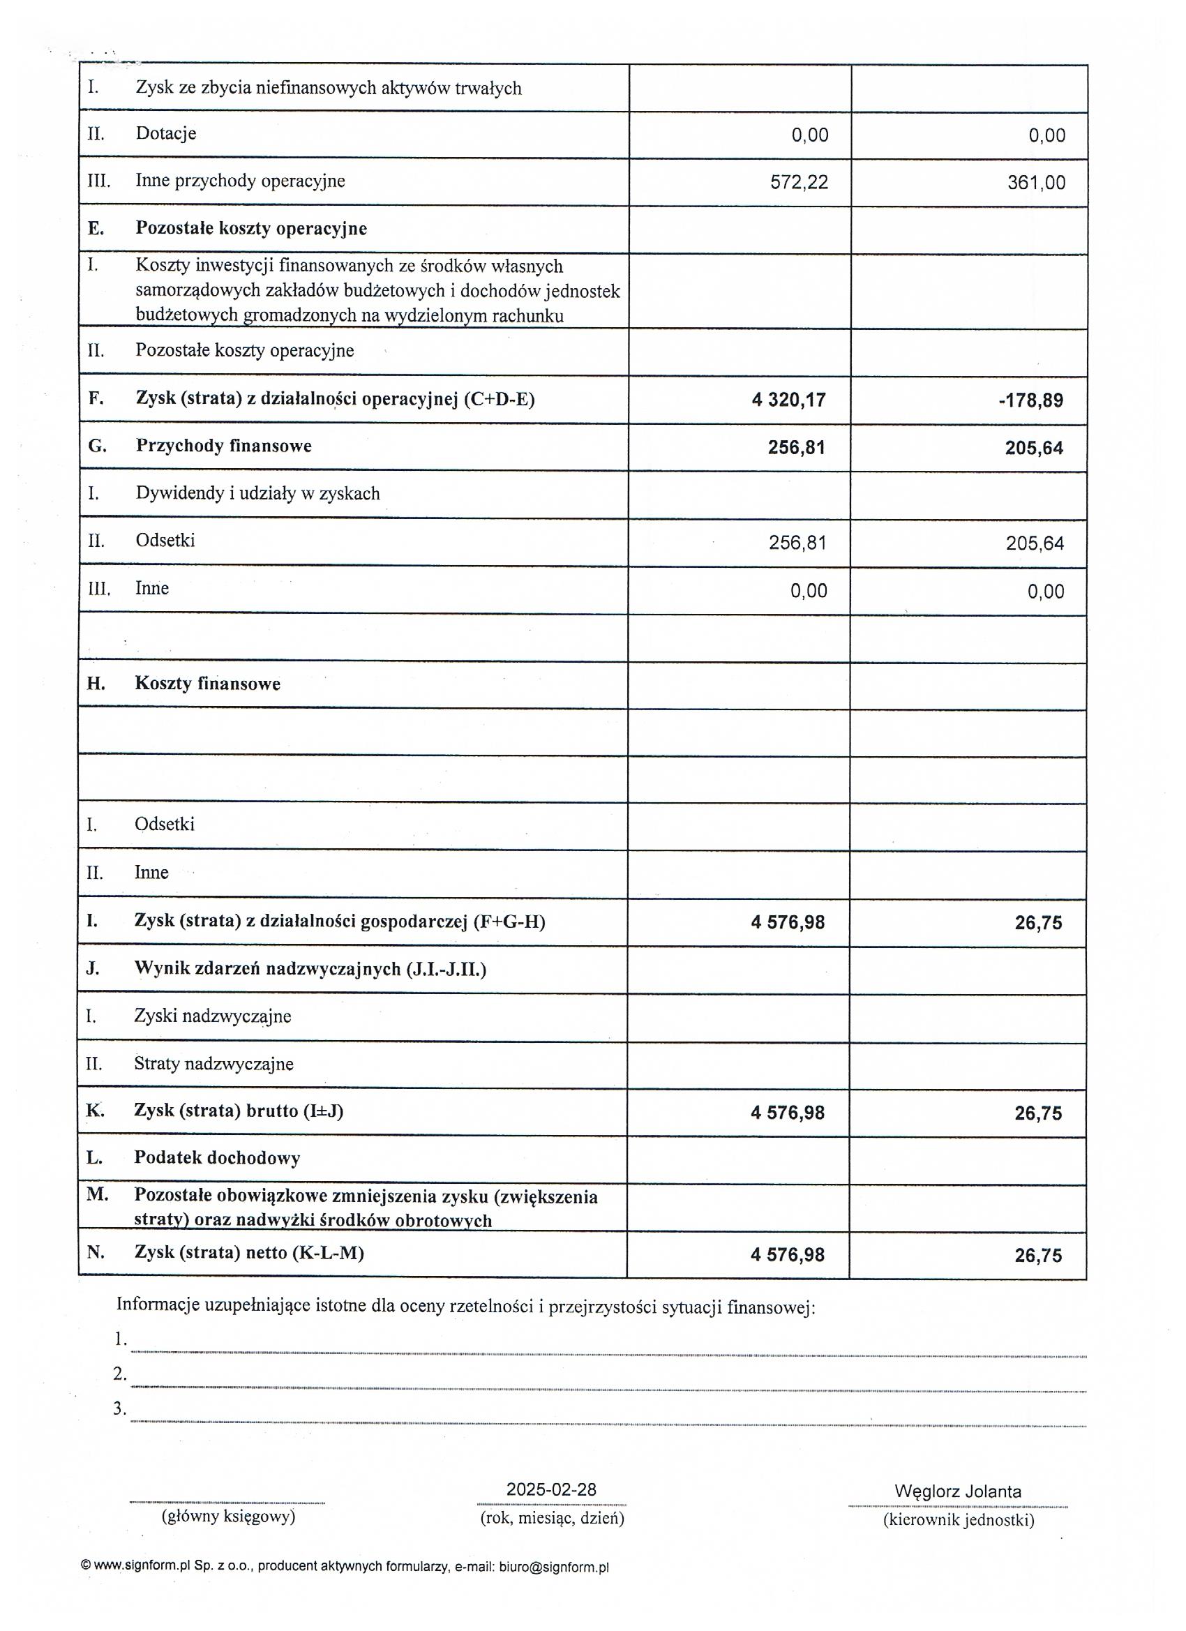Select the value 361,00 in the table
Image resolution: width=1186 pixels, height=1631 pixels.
point(1036,183)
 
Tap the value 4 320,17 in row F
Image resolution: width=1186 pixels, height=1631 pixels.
point(788,400)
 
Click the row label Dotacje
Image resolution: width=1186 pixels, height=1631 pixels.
point(165,134)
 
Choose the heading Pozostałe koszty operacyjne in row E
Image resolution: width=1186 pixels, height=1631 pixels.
point(251,229)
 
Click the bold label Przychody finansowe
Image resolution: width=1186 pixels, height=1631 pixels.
point(224,446)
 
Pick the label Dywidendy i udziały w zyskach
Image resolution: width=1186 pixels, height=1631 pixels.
point(257,493)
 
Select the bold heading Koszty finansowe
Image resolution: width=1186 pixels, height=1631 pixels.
point(207,683)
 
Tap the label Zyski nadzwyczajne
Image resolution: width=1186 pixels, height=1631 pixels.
point(212,1016)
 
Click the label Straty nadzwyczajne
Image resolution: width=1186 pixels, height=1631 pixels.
point(213,1064)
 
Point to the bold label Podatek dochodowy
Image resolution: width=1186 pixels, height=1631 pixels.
point(216,1158)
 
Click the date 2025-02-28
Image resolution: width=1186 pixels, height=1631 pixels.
point(551,1489)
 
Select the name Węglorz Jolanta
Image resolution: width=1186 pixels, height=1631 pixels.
point(957,1491)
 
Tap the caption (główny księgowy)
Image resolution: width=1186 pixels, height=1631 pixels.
point(228,1517)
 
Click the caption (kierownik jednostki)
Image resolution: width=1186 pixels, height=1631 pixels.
point(958,1519)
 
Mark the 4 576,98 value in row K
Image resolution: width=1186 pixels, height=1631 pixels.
point(788,1113)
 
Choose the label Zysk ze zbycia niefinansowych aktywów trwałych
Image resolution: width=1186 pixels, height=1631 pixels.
point(328,89)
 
